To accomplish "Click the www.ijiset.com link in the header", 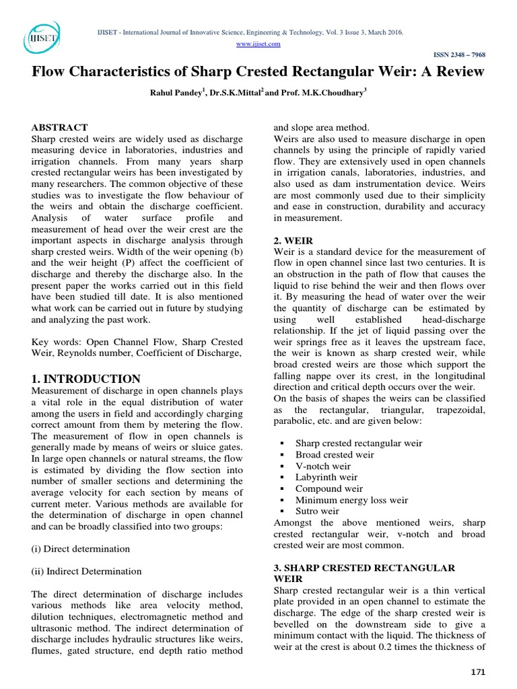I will (258, 44).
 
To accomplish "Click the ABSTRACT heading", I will (60, 126).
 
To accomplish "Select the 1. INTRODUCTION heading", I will (86, 379).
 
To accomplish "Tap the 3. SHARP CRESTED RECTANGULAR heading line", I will (364, 568).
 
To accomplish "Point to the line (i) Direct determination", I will (80, 548).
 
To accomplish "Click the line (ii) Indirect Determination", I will (87, 571).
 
